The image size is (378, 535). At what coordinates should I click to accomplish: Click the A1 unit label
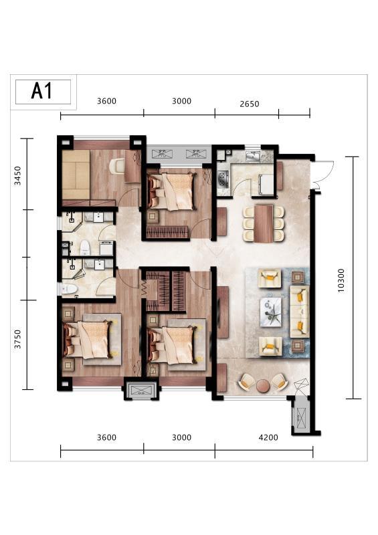coord(42,91)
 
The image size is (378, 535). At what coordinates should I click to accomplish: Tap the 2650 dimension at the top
coord(250,104)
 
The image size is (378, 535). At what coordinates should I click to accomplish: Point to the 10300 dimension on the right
coord(341,280)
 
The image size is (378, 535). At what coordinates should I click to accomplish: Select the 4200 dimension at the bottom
coord(268,437)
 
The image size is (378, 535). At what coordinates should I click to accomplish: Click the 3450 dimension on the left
coord(17,175)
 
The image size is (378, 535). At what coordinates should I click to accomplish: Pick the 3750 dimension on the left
coord(17,339)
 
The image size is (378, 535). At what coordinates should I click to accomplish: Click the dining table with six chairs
coord(264,223)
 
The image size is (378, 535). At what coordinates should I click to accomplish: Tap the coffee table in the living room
coord(271,312)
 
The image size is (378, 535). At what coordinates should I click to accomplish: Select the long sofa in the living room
coord(300,312)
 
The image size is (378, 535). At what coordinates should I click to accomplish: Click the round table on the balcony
coord(264,386)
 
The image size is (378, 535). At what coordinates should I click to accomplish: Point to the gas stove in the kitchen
coord(223,179)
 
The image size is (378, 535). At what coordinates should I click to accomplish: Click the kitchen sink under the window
coord(253,156)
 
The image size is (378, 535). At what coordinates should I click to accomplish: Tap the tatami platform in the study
coord(76,175)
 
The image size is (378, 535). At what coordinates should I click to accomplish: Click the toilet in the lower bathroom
coord(70,289)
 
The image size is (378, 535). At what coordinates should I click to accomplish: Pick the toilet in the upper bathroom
coord(85,247)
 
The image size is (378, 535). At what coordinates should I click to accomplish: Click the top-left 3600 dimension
coord(106,101)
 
